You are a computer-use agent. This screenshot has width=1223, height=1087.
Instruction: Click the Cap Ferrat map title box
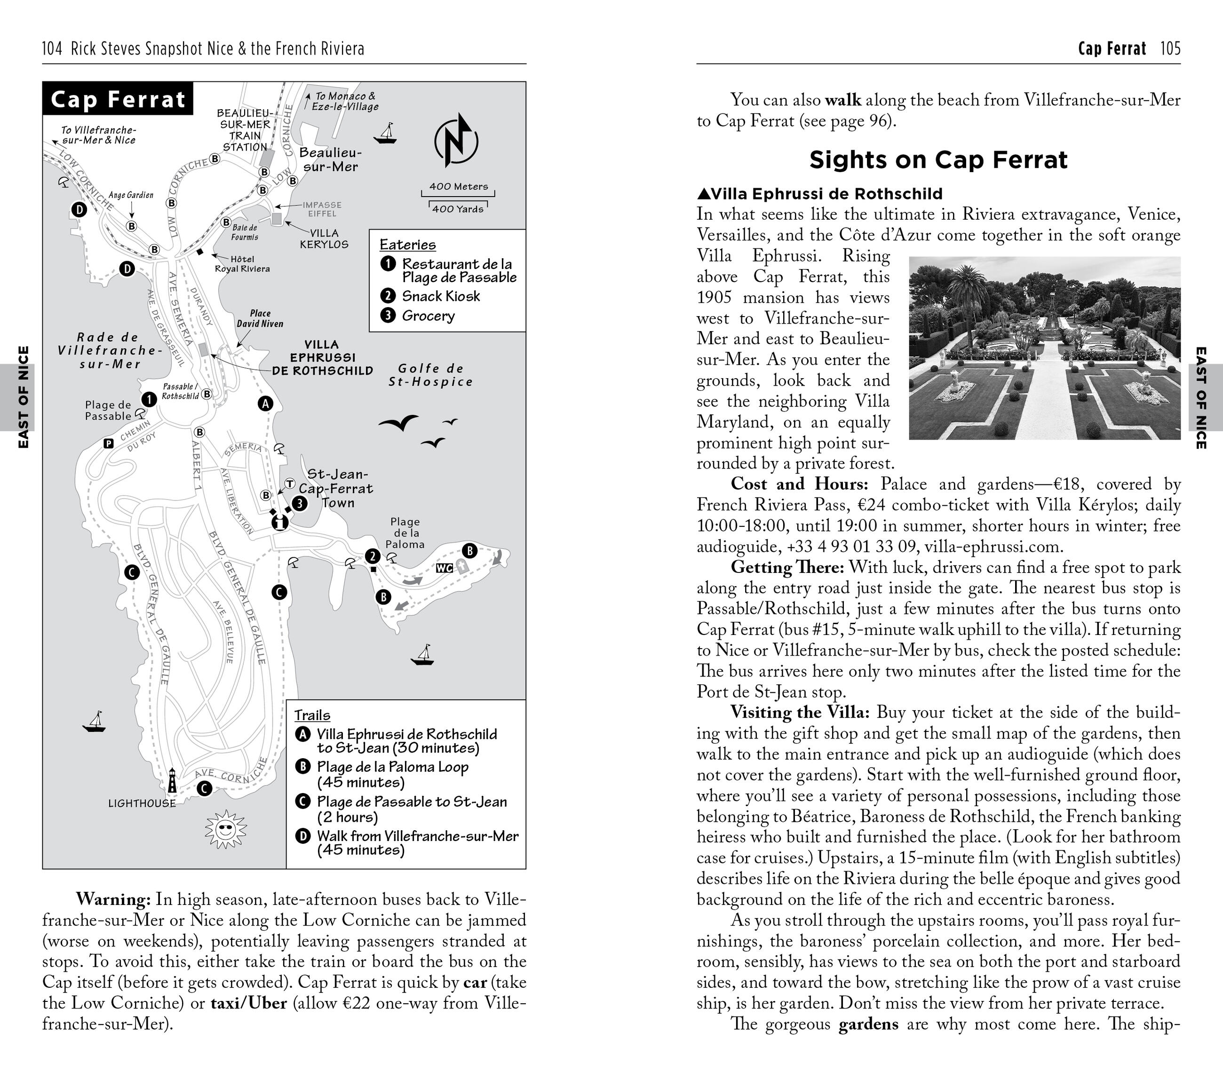point(118,99)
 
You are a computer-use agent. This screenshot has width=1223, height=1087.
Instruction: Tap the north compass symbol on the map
point(456,140)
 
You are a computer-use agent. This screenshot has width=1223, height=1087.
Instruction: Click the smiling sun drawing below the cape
point(226,829)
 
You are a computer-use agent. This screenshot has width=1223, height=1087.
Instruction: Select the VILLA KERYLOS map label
point(324,238)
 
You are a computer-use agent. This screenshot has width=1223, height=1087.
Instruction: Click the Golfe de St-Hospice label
point(431,375)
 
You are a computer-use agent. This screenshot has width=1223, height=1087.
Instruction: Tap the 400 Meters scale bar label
point(458,187)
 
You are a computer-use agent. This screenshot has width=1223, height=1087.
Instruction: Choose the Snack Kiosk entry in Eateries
point(440,296)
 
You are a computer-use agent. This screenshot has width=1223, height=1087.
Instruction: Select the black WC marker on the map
point(444,568)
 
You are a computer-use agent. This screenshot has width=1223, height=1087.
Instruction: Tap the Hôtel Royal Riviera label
point(242,264)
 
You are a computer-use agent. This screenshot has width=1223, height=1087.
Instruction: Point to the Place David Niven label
point(260,318)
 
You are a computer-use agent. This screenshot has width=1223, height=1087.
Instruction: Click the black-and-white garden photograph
point(1044,348)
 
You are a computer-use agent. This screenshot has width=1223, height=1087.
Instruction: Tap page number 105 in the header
point(1170,48)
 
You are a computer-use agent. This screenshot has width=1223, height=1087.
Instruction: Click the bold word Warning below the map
point(113,899)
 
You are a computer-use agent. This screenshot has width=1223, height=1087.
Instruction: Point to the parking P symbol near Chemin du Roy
point(108,443)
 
